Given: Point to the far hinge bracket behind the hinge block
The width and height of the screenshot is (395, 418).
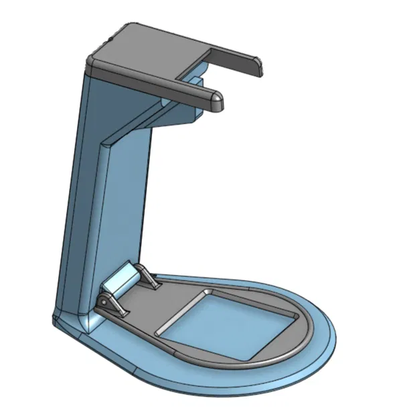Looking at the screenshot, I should click(x=149, y=276).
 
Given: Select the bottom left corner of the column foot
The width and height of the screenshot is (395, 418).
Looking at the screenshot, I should click(x=56, y=324).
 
